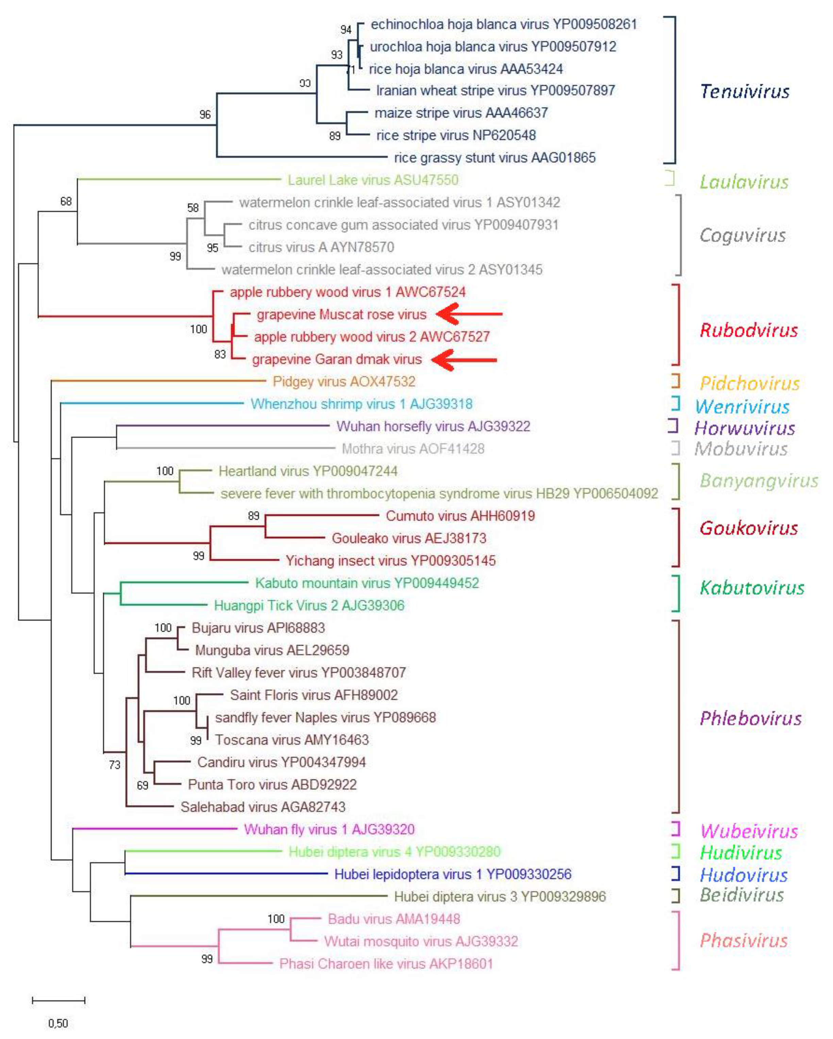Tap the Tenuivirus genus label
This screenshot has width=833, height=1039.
click(744, 91)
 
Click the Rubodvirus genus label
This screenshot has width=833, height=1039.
click(749, 330)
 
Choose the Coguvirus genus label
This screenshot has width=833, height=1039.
click(743, 235)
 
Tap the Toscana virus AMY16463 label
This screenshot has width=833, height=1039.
click(291, 740)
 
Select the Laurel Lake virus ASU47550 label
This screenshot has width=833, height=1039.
click(373, 180)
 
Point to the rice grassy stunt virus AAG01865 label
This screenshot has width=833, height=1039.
click(495, 157)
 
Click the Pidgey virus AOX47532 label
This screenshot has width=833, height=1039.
click(344, 382)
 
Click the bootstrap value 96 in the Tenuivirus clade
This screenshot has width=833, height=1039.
click(205, 115)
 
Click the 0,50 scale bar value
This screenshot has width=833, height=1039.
click(58, 1023)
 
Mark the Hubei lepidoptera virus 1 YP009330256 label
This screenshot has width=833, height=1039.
click(453, 874)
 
